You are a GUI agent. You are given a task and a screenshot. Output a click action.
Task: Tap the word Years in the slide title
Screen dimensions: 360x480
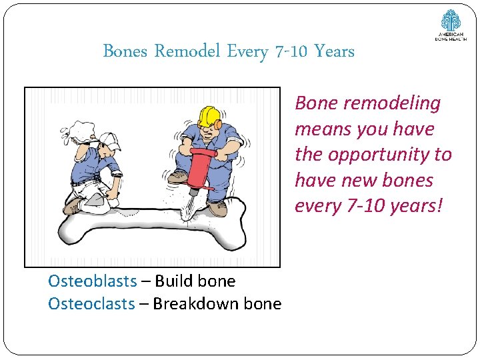[334, 51]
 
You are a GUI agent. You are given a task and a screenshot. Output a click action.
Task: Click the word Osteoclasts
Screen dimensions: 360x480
[91, 304]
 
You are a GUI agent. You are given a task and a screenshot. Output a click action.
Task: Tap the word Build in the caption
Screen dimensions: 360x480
[173, 281]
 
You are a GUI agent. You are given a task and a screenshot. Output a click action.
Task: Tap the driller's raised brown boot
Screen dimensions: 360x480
[178, 177]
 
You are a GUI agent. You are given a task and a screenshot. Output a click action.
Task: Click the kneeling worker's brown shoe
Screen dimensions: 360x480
[74, 207]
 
